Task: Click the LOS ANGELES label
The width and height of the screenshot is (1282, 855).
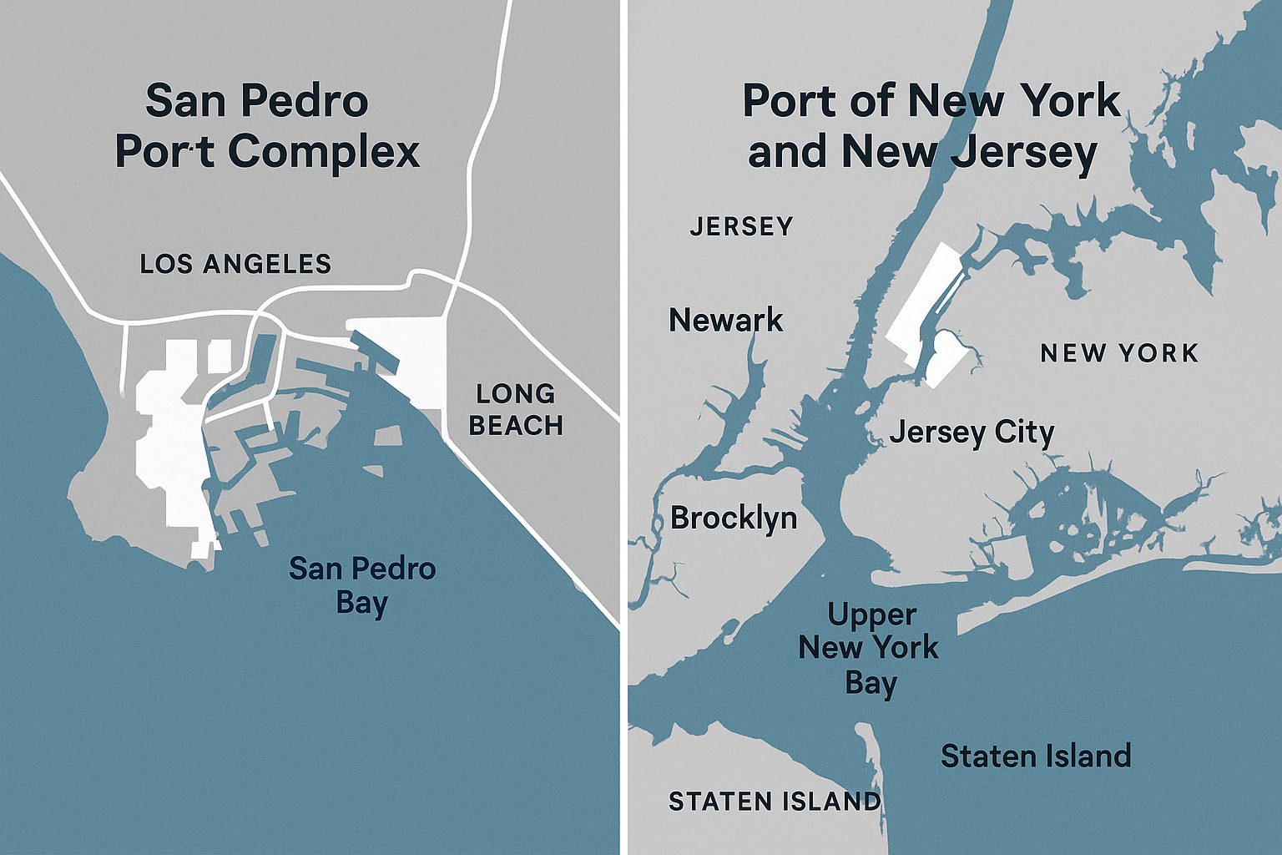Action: click(235, 264)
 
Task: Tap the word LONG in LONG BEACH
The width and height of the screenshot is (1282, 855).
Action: click(515, 393)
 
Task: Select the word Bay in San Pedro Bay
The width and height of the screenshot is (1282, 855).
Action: click(362, 603)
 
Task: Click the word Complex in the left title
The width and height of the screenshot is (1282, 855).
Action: click(324, 151)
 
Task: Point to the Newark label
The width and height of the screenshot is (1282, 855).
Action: click(726, 320)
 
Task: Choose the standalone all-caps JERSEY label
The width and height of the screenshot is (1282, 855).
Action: click(741, 226)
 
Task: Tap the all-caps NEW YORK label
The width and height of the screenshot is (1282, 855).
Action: click(1119, 353)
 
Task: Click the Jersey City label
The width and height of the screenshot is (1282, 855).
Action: click(972, 433)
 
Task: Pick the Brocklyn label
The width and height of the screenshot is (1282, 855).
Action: click(734, 519)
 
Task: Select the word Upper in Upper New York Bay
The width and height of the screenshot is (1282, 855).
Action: click(871, 615)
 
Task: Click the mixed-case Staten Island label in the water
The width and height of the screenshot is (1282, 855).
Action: click(1036, 756)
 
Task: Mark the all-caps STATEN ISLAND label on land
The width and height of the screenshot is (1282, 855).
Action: click(775, 802)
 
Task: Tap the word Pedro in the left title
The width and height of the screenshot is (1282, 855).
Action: click(304, 101)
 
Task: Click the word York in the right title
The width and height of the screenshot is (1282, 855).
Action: click(1072, 101)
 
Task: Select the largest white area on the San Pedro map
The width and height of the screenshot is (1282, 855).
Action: click(171, 434)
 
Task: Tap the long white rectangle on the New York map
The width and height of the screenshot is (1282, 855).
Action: click(922, 301)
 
